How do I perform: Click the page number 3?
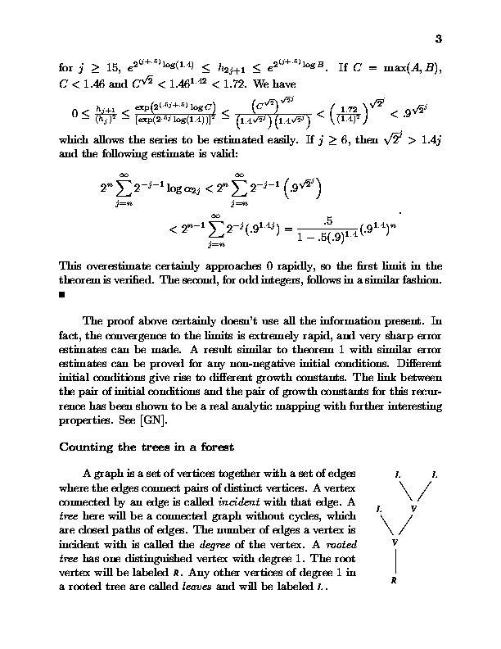[x=438, y=39]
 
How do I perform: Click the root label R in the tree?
[x=395, y=580]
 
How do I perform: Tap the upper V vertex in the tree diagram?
[x=413, y=509]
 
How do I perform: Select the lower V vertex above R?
[x=395, y=542]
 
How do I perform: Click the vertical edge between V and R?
[x=395, y=561]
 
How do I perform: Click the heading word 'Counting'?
[x=87, y=447]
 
